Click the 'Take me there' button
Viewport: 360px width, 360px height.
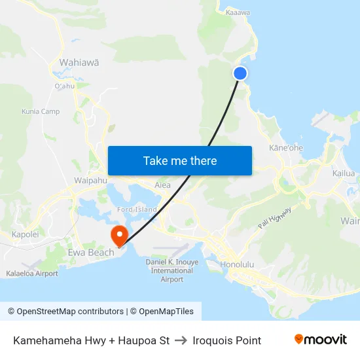click(180, 160)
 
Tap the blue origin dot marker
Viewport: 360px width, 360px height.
click(240, 73)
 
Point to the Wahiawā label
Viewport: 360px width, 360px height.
click(79, 63)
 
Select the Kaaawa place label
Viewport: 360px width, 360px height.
click(238, 12)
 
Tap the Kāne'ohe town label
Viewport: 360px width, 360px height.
click(286, 148)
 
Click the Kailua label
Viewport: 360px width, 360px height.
click(344, 173)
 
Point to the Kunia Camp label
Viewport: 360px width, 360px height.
click(41, 111)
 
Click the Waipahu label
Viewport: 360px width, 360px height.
click(90, 180)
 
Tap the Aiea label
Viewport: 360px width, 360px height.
click(162, 185)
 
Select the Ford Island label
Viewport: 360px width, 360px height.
click(137, 209)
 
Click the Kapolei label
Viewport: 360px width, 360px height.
click(26, 234)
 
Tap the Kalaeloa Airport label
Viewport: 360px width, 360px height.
click(32, 274)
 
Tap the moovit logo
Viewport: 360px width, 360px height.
click(320, 340)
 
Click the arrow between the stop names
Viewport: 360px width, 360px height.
click(181, 340)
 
